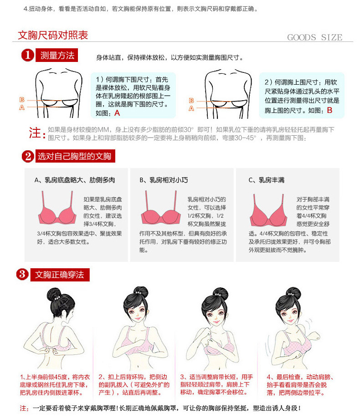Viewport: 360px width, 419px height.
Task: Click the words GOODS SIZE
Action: pyautogui.click(x=314, y=37)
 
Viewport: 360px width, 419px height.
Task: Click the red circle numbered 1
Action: pyautogui.click(x=28, y=56)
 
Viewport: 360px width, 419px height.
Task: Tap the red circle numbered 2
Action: pyautogui.click(x=28, y=157)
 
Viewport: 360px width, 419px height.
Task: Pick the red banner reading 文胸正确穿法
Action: pyautogui.click(x=59, y=275)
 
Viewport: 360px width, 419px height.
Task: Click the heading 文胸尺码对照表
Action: pyautogui.click(x=52, y=35)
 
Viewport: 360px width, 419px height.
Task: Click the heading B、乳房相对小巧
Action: pyautogui.click(x=163, y=180)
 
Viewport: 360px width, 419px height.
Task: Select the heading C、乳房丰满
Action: pyautogui.click(x=267, y=180)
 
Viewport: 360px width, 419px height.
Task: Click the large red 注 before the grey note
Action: pyautogui.click(x=36, y=133)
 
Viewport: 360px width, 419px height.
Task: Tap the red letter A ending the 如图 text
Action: pyautogui.click(x=117, y=113)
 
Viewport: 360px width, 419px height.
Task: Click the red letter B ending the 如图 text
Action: pyautogui.click(x=329, y=110)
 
